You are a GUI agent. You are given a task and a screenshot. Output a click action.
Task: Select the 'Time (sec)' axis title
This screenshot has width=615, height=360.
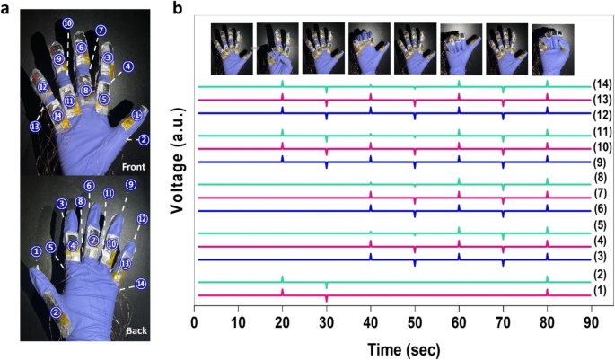(393, 347)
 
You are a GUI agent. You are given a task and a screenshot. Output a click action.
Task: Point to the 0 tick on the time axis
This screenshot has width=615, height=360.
(195, 320)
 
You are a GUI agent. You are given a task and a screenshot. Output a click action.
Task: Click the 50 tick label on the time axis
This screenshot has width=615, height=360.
(414, 320)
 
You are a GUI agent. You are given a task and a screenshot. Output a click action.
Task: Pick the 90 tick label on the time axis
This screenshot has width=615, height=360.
(590, 320)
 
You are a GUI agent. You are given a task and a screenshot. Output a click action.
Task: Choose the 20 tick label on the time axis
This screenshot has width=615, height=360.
(283, 320)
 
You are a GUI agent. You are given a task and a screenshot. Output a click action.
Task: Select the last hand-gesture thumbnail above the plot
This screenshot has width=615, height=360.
(553, 42)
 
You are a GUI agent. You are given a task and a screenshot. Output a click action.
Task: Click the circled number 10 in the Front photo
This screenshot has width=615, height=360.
(68, 22)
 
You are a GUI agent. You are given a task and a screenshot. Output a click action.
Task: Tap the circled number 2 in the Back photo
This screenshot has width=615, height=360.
(56, 312)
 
